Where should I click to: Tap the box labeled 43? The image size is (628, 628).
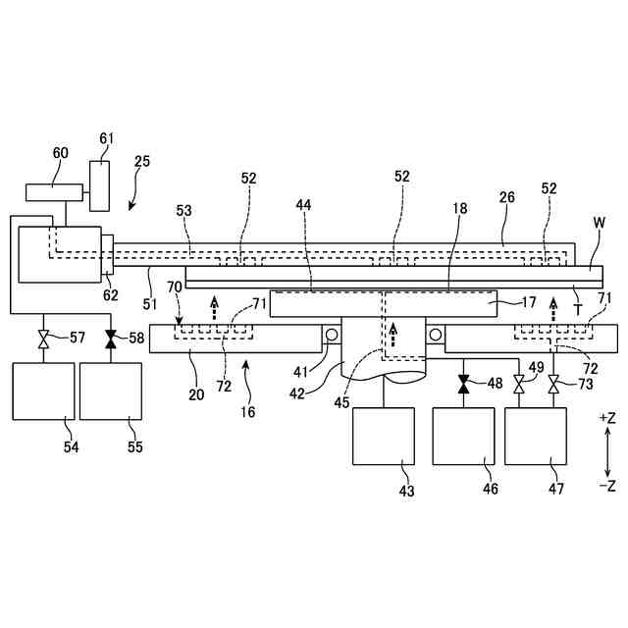coord(384,437)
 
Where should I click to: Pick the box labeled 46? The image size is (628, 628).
coord(463,437)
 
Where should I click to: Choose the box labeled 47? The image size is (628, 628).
coord(536,437)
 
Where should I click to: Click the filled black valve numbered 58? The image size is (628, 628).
coord(110,340)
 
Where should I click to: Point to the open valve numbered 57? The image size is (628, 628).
coord(42,340)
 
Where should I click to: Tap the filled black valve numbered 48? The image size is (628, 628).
coord(463,384)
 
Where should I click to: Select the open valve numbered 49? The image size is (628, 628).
coord(518,384)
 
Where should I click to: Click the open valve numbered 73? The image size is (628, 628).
coord(553,384)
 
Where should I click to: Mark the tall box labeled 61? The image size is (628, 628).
coord(101,185)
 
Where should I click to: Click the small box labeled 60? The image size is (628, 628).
coord(54,191)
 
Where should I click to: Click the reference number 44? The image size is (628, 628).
coord(305,204)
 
